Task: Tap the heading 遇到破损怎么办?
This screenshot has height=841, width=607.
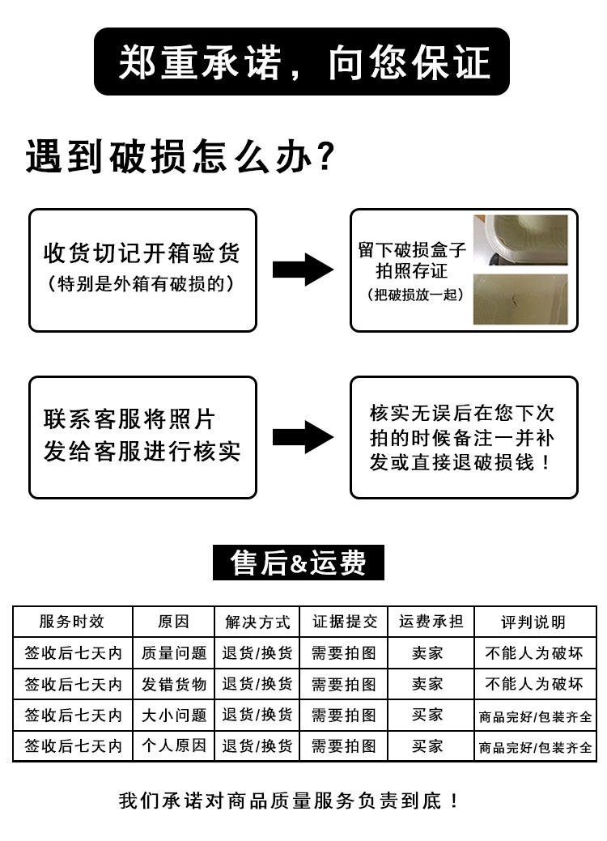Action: point(180,156)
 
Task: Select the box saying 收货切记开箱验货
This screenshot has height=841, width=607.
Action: point(142,270)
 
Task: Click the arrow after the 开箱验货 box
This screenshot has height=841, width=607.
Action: point(303,269)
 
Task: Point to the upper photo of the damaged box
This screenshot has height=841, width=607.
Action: point(520,240)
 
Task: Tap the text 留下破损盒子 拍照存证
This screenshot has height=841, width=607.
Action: point(411,260)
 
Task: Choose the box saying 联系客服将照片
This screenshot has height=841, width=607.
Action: point(142,436)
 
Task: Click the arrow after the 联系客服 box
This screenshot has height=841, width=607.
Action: point(303,436)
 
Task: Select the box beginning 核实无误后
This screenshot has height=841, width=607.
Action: point(463,437)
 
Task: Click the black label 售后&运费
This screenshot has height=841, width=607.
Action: point(298,563)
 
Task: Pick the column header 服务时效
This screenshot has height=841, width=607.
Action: point(72,622)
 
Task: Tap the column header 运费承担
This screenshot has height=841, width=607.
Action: point(431,622)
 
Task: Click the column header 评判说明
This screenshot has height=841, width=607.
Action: point(533,622)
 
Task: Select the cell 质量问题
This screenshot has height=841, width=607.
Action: point(174,652)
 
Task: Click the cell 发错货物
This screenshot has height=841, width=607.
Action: point(174,684)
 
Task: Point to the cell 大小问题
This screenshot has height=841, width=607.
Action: point(174,715)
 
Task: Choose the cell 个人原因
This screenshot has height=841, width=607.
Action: point(174,745)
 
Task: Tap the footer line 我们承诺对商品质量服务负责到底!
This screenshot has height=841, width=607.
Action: point(289,801)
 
